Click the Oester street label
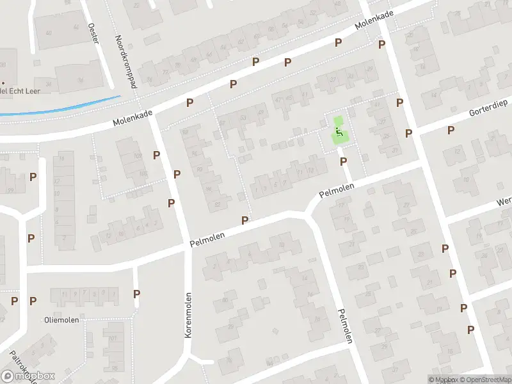pos(93,35)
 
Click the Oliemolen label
pos(61,319)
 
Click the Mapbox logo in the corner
pos(28,376)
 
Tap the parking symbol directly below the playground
pos(343,161)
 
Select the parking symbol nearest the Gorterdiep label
pos(451,130)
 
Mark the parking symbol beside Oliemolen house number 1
pos(136,294)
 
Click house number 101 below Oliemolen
pos(113,339)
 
